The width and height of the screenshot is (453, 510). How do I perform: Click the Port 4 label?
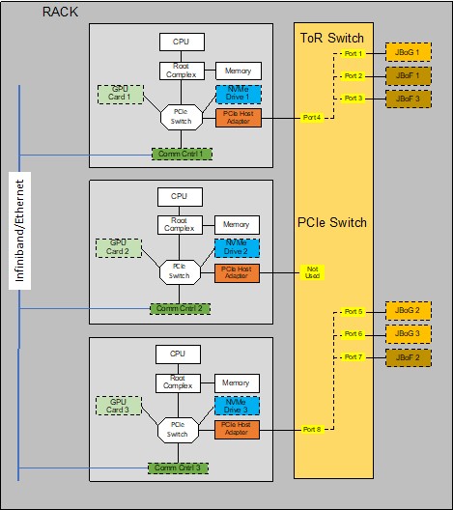[x=311, y=118]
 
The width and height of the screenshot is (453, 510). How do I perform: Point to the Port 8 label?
[x=311, y=429]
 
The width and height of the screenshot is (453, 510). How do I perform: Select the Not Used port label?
[x=311, y=274]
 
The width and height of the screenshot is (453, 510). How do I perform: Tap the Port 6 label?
[x=354, y=334]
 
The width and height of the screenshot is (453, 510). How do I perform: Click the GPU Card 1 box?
[x=120, y=95]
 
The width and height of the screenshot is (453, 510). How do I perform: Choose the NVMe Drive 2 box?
[x=237, y=247]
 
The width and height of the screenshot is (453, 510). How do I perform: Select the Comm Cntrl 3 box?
[x=178, y=467]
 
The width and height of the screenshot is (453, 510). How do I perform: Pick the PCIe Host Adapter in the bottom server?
[x=237, y=429]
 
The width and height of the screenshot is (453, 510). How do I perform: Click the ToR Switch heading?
[x=332, y=39]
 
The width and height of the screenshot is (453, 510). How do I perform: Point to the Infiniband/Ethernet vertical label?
[x=18, y=229]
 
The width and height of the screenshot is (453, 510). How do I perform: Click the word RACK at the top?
[x=61, y=12]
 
